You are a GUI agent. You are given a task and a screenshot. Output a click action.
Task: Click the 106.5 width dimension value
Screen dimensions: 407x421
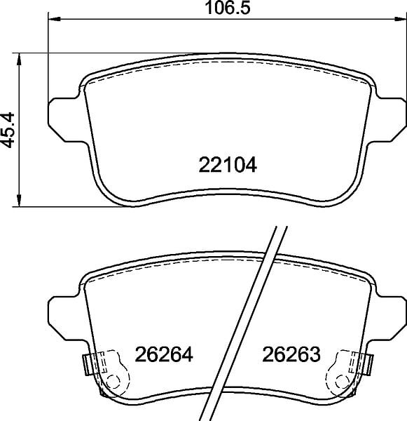(x=228, y=8)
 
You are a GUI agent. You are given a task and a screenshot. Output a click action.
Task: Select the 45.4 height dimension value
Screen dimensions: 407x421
(x=8, y=130)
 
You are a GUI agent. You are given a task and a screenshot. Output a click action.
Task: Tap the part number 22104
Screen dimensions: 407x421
(x=228, y=165)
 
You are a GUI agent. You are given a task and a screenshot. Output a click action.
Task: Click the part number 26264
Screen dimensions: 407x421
(x=164, y=354)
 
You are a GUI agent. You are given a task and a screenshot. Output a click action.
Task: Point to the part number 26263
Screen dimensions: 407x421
(x=291, y=354)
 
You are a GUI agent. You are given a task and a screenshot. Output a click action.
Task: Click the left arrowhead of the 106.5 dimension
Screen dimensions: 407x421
(x=54, y=19)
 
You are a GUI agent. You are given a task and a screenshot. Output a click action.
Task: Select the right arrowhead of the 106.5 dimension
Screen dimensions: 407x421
(x=401, y=19)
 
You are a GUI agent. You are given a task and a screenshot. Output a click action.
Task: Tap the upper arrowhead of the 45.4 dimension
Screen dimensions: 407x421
(x=19, y=59)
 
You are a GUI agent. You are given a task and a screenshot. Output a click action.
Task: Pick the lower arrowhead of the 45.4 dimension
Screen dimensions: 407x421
(x=19, y=201)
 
